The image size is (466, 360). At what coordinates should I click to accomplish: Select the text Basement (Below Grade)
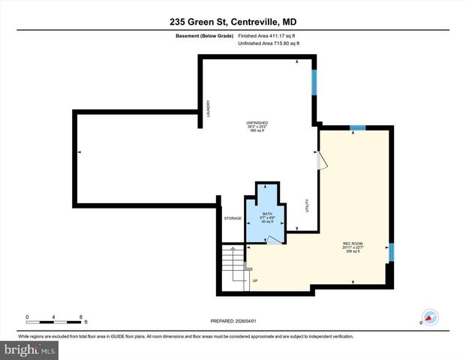point(203,35)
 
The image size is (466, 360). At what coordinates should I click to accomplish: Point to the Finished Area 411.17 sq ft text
point(269,35)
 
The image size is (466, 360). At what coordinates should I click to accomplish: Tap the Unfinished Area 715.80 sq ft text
point(269,44)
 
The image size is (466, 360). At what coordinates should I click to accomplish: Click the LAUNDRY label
point(209,109)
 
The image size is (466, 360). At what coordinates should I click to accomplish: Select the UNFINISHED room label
point(257,122)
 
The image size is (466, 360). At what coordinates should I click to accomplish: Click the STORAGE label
point(233,218)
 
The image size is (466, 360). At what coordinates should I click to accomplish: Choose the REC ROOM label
point(353,243)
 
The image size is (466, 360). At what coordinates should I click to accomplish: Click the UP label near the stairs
point(255,281)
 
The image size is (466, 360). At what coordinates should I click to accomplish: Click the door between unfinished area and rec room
point(320,160)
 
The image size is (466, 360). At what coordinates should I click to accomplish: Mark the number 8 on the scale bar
point(82,316)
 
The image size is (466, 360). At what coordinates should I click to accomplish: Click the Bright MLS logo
point(30,349)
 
